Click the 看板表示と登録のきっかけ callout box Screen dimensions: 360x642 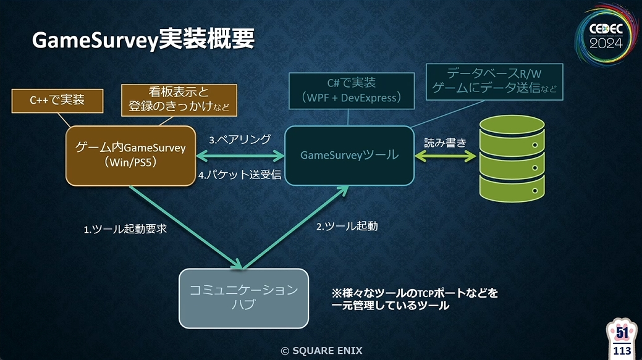pyautogui.click(x=179, y=99)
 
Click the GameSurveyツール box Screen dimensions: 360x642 pyautogui.click(x=349, y=156)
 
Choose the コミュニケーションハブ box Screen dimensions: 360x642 pyautogui.click(x=243, y=298)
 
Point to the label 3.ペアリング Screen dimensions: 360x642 pyautogui.click(x=232, y=140)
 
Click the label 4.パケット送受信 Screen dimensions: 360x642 pyautogui.click(x=240, y=175)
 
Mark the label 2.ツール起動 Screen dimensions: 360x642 pyautogui.click(x=347, y=226)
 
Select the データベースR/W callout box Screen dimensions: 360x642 pyautogui.click(x=494, y=80)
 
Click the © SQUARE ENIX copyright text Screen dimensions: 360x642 pyautogui.click(x=321, y=351)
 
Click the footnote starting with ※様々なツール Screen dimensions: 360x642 pyautogui.click(x=415, y=299)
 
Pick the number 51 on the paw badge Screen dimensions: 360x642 pyautogui.click(x=621, y=333)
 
